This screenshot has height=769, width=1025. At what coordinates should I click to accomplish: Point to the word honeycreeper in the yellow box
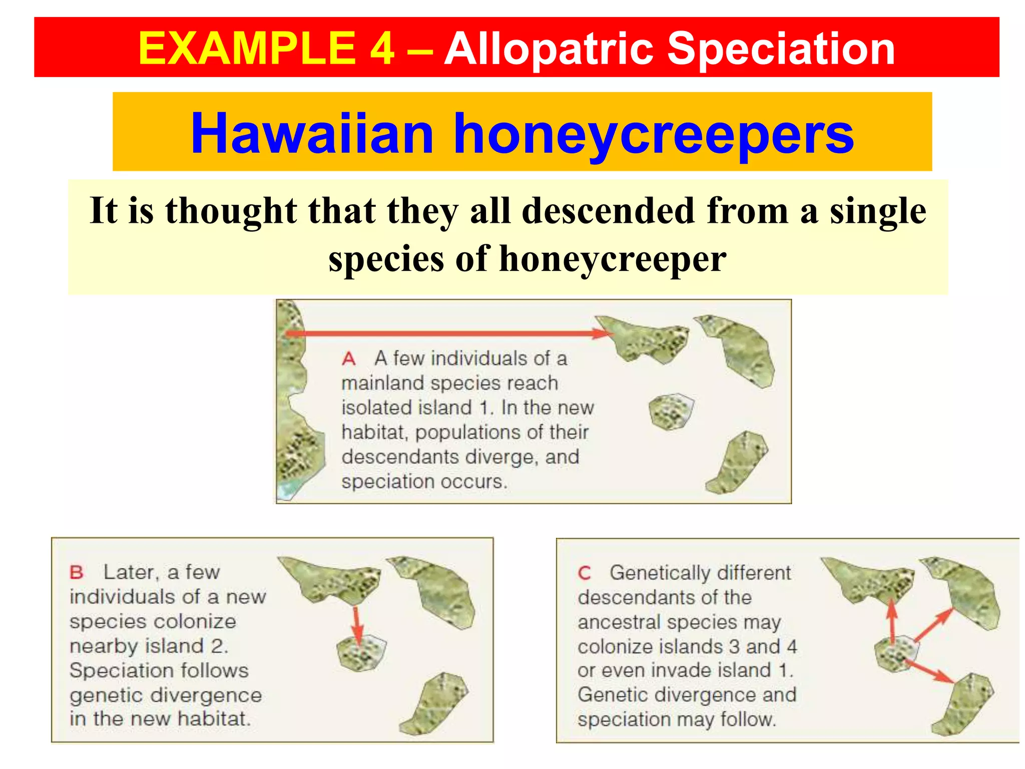tap(613, 259)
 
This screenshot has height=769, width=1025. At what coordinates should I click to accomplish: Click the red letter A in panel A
tap(349, 359)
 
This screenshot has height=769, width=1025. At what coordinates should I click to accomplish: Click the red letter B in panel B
tap(76, 572)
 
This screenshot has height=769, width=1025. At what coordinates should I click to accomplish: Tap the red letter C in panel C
tap(584, 573)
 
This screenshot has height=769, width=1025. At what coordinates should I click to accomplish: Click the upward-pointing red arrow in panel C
tap(892, 621)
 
